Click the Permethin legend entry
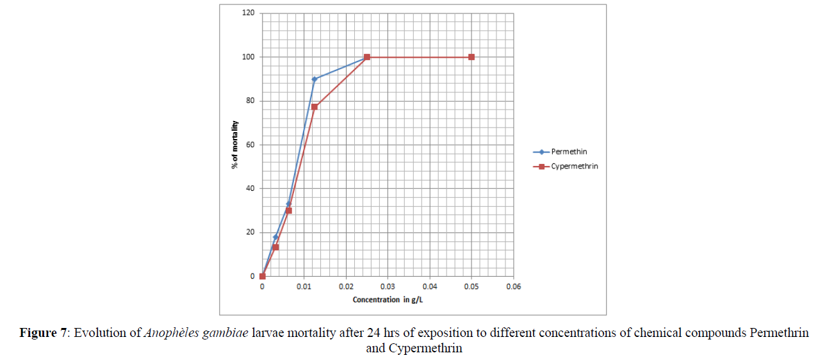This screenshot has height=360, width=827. point(569,152)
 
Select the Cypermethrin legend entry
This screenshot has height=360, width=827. point(574,167)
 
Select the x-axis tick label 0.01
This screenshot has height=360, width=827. point(304,286)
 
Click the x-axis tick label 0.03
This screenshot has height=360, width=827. point(388,286)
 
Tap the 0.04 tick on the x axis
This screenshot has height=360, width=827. point(429,286)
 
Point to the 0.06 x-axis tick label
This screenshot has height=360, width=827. point(513,286)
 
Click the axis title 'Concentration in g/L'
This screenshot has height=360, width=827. point(388,300)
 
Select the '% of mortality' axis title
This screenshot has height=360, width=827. point(235,145)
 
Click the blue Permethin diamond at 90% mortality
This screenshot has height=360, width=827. point(315,79)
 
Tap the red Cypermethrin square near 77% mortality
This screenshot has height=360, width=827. point(315,106)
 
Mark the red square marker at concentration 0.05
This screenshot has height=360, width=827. point(471,57)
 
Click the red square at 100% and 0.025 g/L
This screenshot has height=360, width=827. point(367,57)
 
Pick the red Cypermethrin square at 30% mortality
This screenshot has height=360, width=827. point(289,211)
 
